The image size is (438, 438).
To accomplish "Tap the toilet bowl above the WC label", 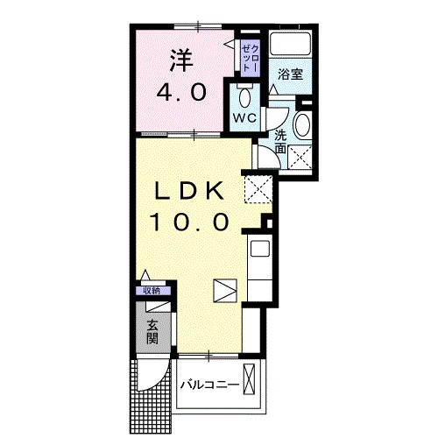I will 244,95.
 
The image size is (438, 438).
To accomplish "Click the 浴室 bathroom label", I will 290,74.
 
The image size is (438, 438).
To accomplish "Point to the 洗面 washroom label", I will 279,142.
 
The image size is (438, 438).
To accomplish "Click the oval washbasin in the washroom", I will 302,125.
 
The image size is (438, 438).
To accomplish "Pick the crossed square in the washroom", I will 302,158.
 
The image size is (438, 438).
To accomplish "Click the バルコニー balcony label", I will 209,385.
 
